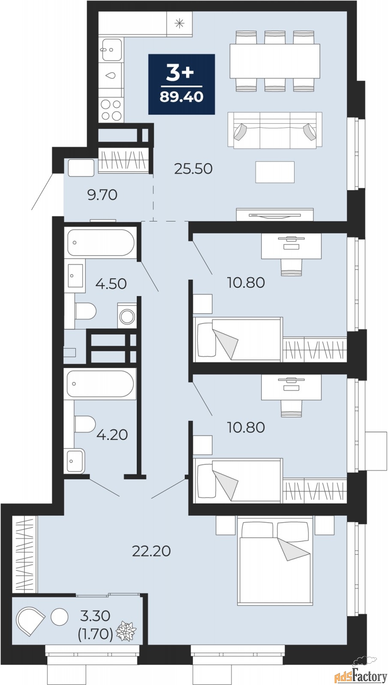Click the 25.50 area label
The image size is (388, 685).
[x=193, y=169]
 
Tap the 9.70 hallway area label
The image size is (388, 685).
[x=102, y=195]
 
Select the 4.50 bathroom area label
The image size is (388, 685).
[x=111, y=284]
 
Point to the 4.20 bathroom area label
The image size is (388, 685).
[x=112, y=435]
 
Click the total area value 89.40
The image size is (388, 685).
[x=182, y=97]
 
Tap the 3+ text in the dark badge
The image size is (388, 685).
[x=180, y=74]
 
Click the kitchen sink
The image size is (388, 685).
[x=112, y=50]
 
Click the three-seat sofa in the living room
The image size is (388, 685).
[x=275, y=130]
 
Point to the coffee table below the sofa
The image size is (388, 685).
[x=275, y=172]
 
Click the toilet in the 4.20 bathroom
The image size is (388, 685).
[x=85, y=423]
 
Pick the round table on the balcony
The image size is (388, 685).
[x=60, y=617]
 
